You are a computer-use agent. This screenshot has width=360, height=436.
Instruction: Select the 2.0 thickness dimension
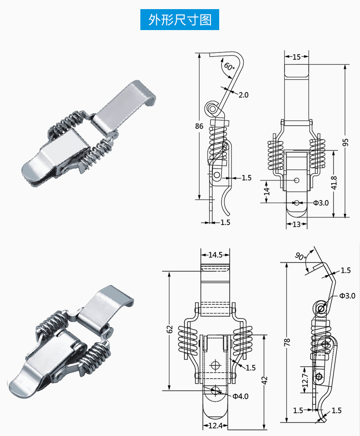243,95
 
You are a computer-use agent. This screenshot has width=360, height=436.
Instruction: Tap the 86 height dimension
199,126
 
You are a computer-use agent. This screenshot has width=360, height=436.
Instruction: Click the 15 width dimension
297,57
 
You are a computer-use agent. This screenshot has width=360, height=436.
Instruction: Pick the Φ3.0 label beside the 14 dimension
320,202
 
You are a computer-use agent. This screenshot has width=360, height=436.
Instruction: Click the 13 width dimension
297,224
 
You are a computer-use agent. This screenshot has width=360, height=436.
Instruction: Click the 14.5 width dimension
215,255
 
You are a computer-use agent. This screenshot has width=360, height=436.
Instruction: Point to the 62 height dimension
170,329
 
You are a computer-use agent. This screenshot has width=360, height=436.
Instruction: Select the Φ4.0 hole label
241,396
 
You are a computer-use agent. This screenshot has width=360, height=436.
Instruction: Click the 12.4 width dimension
215,425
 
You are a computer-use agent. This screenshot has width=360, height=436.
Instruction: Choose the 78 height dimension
287,342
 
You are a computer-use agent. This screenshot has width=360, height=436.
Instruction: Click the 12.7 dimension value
304,380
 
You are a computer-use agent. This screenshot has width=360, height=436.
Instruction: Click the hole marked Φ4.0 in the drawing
216,390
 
